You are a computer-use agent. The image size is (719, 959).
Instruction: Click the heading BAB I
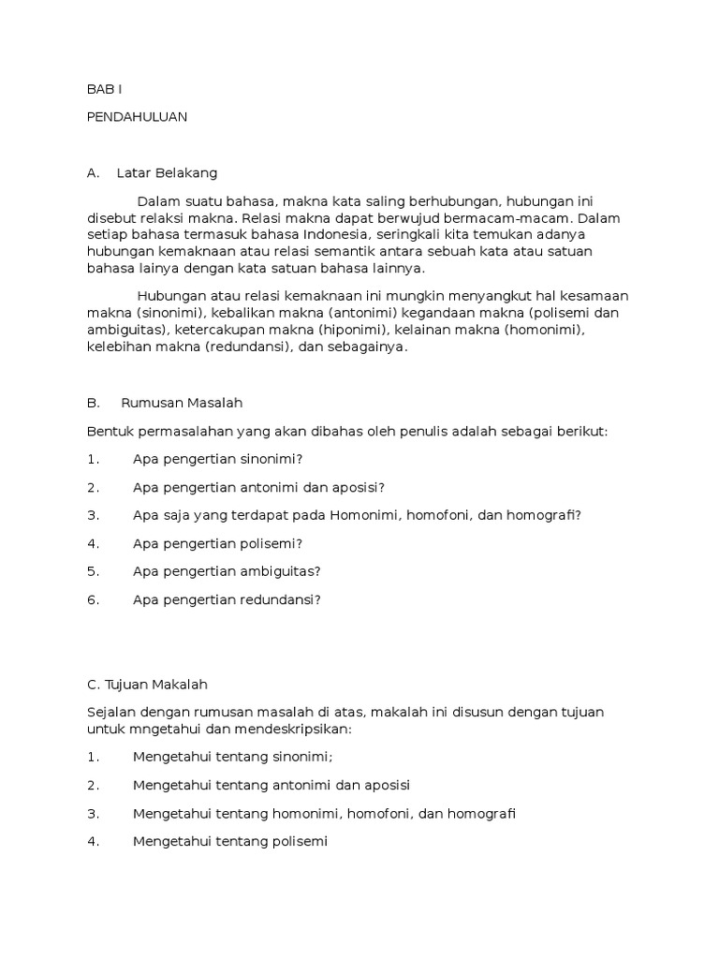click(x=104, y=89)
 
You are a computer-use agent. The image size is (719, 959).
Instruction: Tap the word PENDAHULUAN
click(x=137, y=117)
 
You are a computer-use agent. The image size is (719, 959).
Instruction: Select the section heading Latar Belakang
click(x=167, y=173)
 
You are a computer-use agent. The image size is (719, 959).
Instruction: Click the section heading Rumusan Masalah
click(x=182, y=403)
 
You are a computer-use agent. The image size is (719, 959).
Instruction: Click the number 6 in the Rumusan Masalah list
click(x=93, y=599)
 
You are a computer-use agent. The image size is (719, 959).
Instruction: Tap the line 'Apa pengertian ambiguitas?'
click(x=227, y=571)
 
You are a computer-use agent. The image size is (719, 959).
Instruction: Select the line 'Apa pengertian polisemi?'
click(x=218, y=543)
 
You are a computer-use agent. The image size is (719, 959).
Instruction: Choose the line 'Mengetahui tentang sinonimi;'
click(x=220, y=757)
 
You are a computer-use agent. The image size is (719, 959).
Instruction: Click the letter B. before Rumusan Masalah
click(x=93, y=403)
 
